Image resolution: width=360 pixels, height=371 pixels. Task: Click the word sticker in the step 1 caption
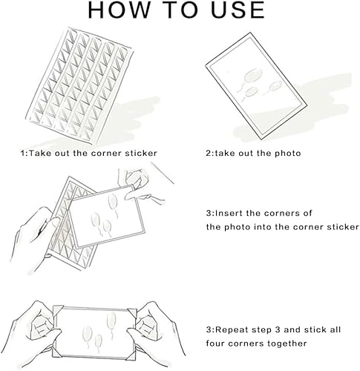[141, 153]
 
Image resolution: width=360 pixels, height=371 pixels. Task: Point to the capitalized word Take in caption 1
[39, 153]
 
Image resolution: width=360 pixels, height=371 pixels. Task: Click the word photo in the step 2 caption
[288, 154]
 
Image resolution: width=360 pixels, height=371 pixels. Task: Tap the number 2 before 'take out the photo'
[209, 154]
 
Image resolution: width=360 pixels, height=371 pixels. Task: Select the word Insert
[229, 213]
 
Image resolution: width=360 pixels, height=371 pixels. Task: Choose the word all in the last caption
[336, 329]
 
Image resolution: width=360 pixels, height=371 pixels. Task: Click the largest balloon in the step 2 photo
[252, 74]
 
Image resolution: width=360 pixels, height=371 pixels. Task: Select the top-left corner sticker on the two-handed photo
[57, 309]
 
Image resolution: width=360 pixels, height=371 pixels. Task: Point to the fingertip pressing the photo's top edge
[127, 197]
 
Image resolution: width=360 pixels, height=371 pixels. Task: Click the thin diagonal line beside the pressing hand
[163, 173]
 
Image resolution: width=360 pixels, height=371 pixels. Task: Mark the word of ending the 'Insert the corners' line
[307, 213]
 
